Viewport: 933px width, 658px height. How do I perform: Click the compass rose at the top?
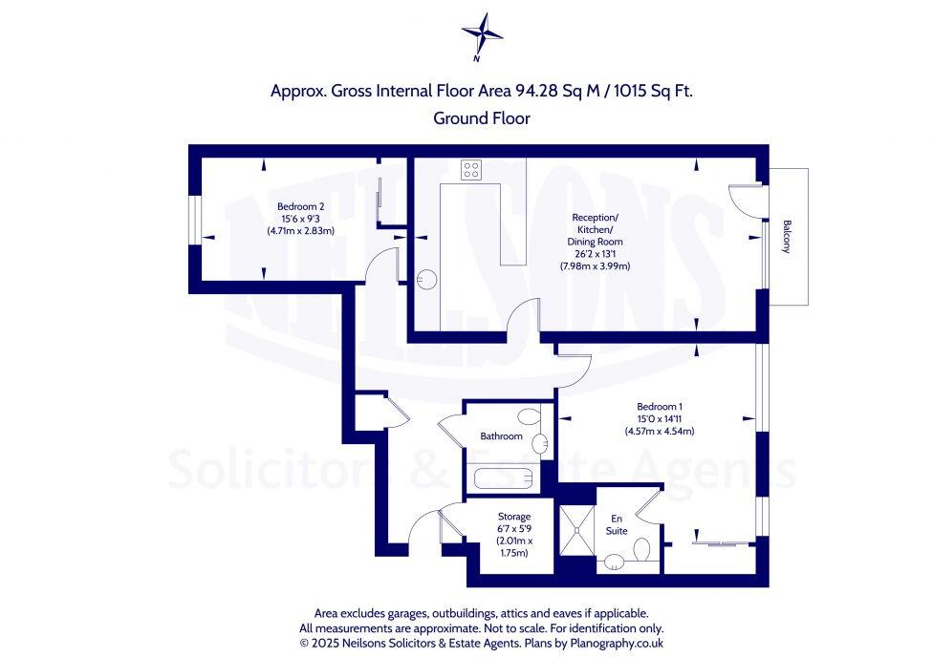[482, 34]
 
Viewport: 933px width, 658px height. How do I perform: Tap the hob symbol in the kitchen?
[471, 170]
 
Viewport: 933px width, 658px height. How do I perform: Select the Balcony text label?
[787, 237]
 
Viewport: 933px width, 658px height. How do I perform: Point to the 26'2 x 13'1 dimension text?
[597, 254]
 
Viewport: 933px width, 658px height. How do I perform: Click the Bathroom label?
[501, 436]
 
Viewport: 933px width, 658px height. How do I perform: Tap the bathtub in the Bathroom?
[501, 478]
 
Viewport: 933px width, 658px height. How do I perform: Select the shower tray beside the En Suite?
[575, 527]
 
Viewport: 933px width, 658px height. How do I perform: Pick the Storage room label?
[513, 517]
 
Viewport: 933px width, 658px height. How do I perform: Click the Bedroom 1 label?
[661, 406]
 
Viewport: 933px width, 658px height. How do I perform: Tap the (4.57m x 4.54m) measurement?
[661, 431]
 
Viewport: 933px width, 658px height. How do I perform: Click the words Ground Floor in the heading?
[481, 118]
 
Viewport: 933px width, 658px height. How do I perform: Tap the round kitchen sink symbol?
[428, 279]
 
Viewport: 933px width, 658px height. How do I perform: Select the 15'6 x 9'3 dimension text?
[301, 219]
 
